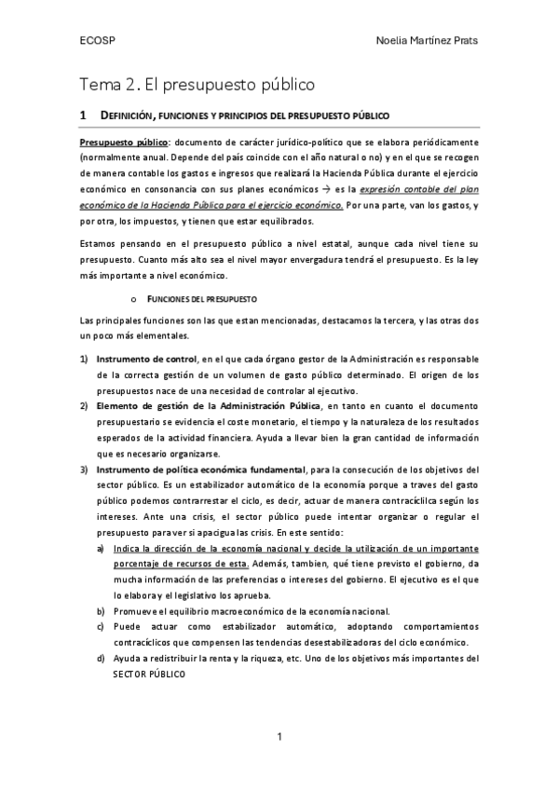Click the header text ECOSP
pyautogui.click(x=97, y=42)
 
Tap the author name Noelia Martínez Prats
pyautogui.click(x=430, y=42)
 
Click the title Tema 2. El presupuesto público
pyautogui.click(x=196, y=85)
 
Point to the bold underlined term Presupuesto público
pyautogui.click(x=124, y=142)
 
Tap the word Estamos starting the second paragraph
pyautogui.click(x=99, y=244)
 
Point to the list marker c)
pyautogui.click(x=101, y=626)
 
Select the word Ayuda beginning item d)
pyautogui.click(x=127, y=658)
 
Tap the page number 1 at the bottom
pyautogui.click(x=279, y=738)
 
